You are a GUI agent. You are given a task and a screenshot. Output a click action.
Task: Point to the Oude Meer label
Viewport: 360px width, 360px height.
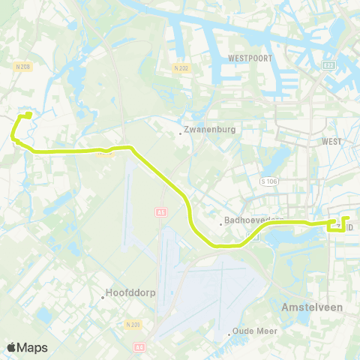point(257,331)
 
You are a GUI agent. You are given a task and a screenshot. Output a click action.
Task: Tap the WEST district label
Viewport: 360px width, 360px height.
point(331,141)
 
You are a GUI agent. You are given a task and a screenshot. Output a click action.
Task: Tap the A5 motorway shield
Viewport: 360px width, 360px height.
point(160,211)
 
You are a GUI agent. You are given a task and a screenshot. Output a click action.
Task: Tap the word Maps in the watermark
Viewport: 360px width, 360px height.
point(33,347)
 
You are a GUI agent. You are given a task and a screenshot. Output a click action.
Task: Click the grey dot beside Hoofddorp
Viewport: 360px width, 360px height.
point(103,297)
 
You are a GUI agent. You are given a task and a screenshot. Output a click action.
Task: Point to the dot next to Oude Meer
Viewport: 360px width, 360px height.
point(229,334)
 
